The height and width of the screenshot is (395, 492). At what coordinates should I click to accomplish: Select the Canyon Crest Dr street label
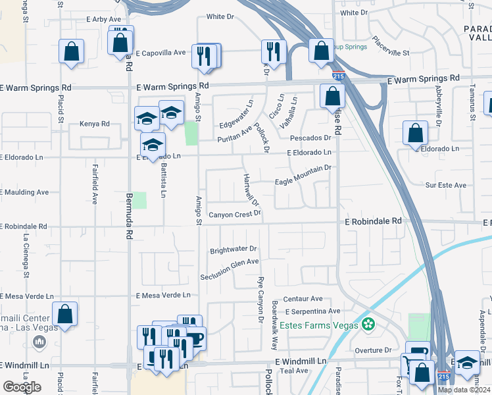[x=235, y=215]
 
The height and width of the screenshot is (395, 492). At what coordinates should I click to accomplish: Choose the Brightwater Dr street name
[x=233, y=250]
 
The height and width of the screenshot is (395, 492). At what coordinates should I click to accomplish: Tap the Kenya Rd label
[x=94, y=123]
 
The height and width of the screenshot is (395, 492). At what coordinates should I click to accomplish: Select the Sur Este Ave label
[x=445, y=186]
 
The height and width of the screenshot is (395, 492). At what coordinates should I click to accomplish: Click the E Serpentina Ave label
[x=312, y=311]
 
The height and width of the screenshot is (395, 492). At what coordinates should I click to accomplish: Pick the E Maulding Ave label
[x=24, y=192]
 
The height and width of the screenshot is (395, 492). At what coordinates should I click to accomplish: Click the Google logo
[x=21, y=387]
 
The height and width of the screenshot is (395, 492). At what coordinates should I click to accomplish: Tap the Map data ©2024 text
[x=464, y=390]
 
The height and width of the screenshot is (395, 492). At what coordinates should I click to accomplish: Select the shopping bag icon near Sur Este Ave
[x=416, y=134]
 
